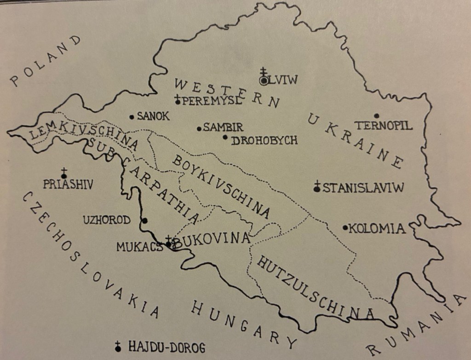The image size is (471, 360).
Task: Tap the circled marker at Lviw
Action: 264,80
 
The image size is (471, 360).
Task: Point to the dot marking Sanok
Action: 132,117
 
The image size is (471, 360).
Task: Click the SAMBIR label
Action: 223,128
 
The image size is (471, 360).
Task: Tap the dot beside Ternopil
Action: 377,116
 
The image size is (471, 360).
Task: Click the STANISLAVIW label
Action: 363,188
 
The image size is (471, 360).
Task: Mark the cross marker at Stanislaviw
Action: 316,187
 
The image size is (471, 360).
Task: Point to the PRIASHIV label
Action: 69,185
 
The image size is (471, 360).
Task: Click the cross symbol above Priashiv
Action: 64,173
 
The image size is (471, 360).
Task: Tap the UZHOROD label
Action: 107,220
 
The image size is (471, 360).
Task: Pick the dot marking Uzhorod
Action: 145,221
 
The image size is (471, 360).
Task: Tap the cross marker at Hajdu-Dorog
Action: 118,347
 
